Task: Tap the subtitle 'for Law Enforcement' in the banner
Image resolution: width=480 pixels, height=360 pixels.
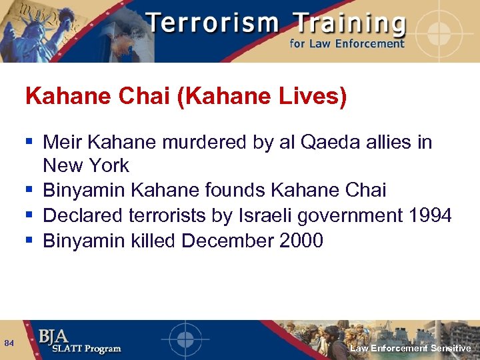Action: tap(347, 44)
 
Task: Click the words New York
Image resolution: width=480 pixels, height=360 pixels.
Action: tap(86, 166)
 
